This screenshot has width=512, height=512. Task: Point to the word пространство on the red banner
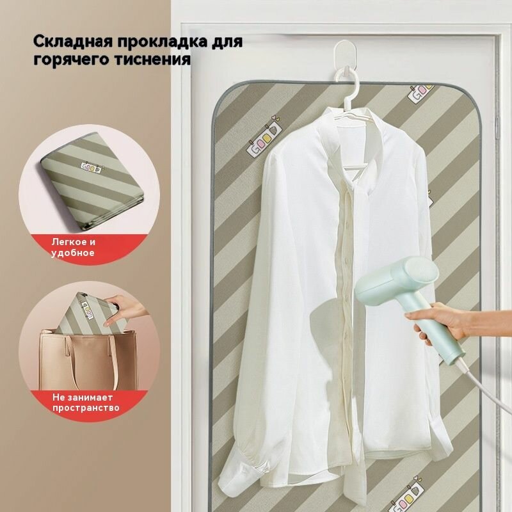tap(86, 408)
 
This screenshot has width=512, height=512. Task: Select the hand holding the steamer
tap(435, 322)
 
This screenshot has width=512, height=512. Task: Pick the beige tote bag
tap(89, 359)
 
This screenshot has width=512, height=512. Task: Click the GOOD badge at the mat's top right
tap(420, 93)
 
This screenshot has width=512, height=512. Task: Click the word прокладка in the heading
tap(163, 42)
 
